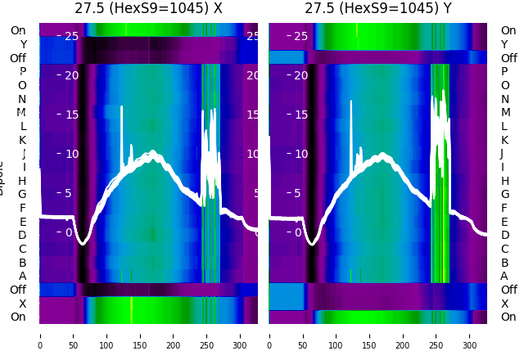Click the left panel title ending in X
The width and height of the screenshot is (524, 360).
click(x=148, y=9)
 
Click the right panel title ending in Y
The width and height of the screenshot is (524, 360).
click(x=377, y=9)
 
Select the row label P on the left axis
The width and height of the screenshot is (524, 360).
click(x=23, y=72)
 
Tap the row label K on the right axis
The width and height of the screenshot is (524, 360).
click(x=504, y=140)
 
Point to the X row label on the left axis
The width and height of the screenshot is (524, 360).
click(x=23, y=304)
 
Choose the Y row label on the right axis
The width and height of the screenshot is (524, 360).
click(x=504, y=44)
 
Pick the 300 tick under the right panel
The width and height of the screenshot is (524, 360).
click(x=470, y=335)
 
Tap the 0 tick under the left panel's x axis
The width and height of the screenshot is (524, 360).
click(x=40, y=335)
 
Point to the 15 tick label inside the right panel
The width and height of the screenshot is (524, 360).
click(x=301, y=115)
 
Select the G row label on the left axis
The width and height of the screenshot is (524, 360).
click(x=23, y=195)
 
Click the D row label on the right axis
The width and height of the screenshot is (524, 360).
click(x=504, y=236)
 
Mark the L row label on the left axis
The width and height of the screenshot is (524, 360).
click(x=23, y=126)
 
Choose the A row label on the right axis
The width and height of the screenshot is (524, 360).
click(x=504, y=277)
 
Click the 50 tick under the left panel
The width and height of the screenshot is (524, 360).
click(x=73, y=335)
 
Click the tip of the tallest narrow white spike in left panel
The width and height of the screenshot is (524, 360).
click(x=122, y=106)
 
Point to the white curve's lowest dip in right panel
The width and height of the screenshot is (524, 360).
click(x=312, y=242)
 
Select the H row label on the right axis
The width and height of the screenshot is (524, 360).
click(x=504, y=181)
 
